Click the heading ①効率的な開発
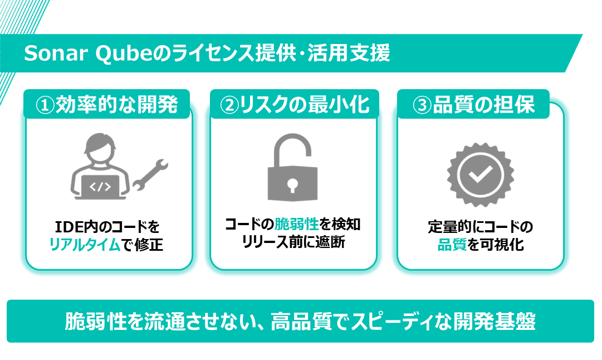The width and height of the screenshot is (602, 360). (x=107, y=104)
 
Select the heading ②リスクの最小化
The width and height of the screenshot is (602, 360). (x=295, y=104)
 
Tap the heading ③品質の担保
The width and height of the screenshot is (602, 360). (x=473, y=104)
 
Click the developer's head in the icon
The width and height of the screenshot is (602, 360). (x=100, y=149)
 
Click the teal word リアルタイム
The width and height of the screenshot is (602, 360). (x=85, y=245)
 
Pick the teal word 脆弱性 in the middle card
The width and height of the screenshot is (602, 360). (x=297, y=225)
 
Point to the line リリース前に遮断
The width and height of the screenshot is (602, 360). (x=293, y=243)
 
